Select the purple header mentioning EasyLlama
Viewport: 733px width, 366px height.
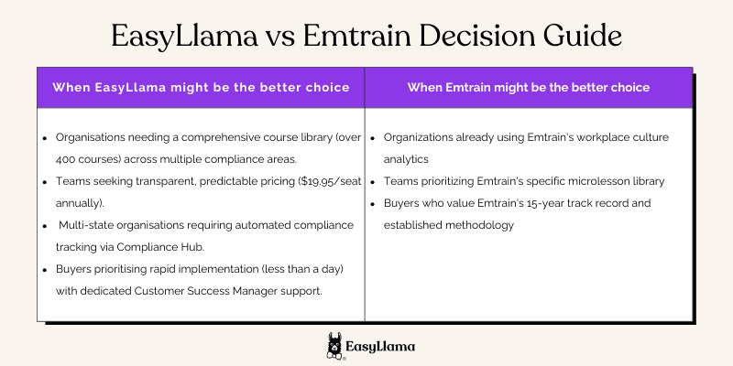tap(201, 88)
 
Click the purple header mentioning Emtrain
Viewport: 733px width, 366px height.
tap(529, 88)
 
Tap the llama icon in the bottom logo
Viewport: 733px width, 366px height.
tap(335, 346)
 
